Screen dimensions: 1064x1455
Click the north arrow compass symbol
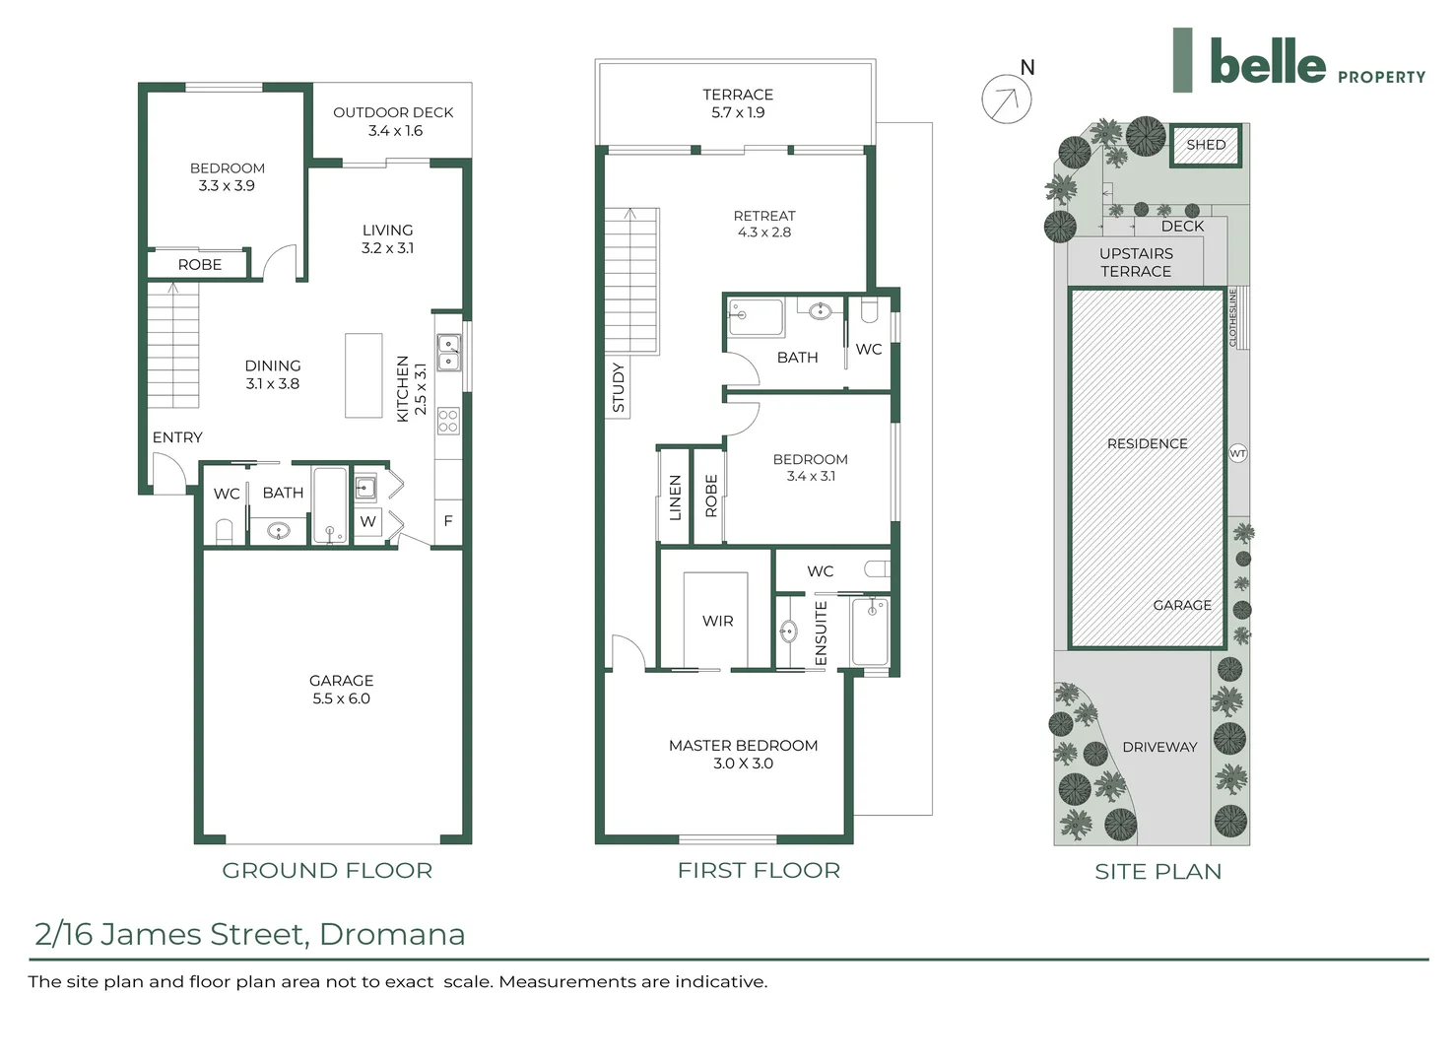click(x=1007, y=99)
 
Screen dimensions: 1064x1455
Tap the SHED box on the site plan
click(x=1206, y=145)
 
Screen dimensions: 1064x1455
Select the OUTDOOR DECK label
click(x=393, y=112)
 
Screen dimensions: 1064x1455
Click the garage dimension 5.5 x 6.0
click(x=341, y=698)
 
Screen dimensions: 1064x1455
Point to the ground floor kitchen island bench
click(x=364, y=375)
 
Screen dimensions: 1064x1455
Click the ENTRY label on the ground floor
click(x=177, y=437)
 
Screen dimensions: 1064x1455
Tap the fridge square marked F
click(x=448, y=521)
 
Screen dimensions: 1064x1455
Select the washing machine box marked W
click(x=367, y=521)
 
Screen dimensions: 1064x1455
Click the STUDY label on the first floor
click(x=619, y=387)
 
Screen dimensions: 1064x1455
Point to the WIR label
click(x=717, y=622)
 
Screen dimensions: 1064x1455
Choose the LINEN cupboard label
click(x=675, y=497)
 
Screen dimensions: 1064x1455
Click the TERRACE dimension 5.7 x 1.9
click(x=738, y=112)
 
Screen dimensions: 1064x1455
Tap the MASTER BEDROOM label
click(x=743, y=746)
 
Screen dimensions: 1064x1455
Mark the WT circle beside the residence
click(x=1238, y=453)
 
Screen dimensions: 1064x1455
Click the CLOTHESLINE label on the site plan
click(x=1232, y=317)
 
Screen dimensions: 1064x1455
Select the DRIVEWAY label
click(x=1159, y=747)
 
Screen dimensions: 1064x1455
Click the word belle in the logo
click(x=1267, y=63)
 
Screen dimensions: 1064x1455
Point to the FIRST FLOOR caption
click(x=759, y=871)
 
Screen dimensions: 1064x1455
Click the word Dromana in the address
click(x=392, y=934)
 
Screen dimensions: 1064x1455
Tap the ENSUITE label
click(x=821, y=632)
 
